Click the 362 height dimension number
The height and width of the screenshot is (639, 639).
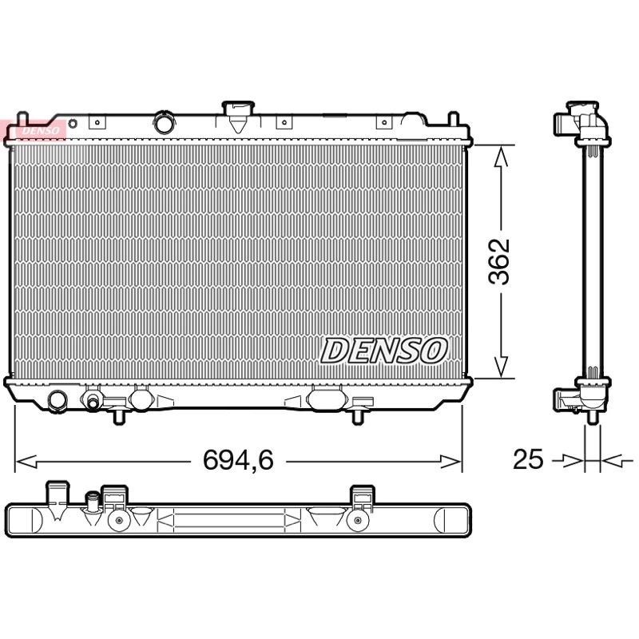tap(499, 262)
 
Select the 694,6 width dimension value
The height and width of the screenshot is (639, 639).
tap(238, 460)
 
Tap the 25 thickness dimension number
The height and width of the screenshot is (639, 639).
tap(528, 459)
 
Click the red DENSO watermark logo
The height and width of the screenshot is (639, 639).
tap(33, 130)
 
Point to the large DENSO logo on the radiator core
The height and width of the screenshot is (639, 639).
tap(384, 351)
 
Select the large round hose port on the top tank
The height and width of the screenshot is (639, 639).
tap(165, 123)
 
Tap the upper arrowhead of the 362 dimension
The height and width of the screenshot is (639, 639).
tap(501, 157)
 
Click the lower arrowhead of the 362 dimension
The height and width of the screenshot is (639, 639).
tap(501, 366)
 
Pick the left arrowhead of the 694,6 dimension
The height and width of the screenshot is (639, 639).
tap(26, 462)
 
